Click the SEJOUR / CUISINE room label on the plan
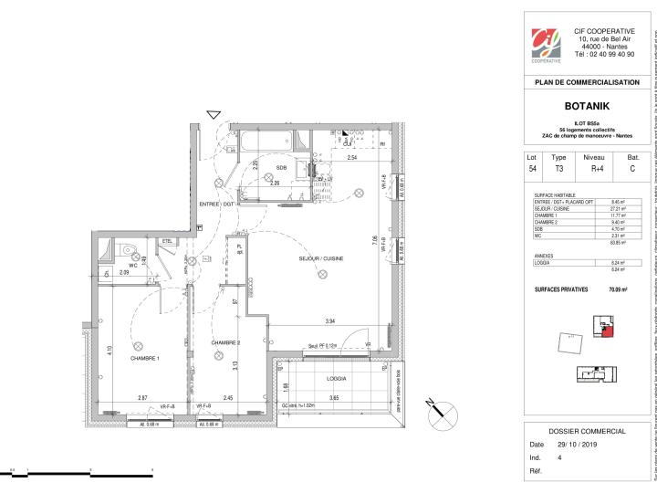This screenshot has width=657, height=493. click(x=319, y=258)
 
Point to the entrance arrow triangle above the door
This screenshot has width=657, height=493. click(x=213, y=114)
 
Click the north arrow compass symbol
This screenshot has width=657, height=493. click(x=429, y=406)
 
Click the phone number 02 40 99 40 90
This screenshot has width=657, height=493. click(x=604, y=54)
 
